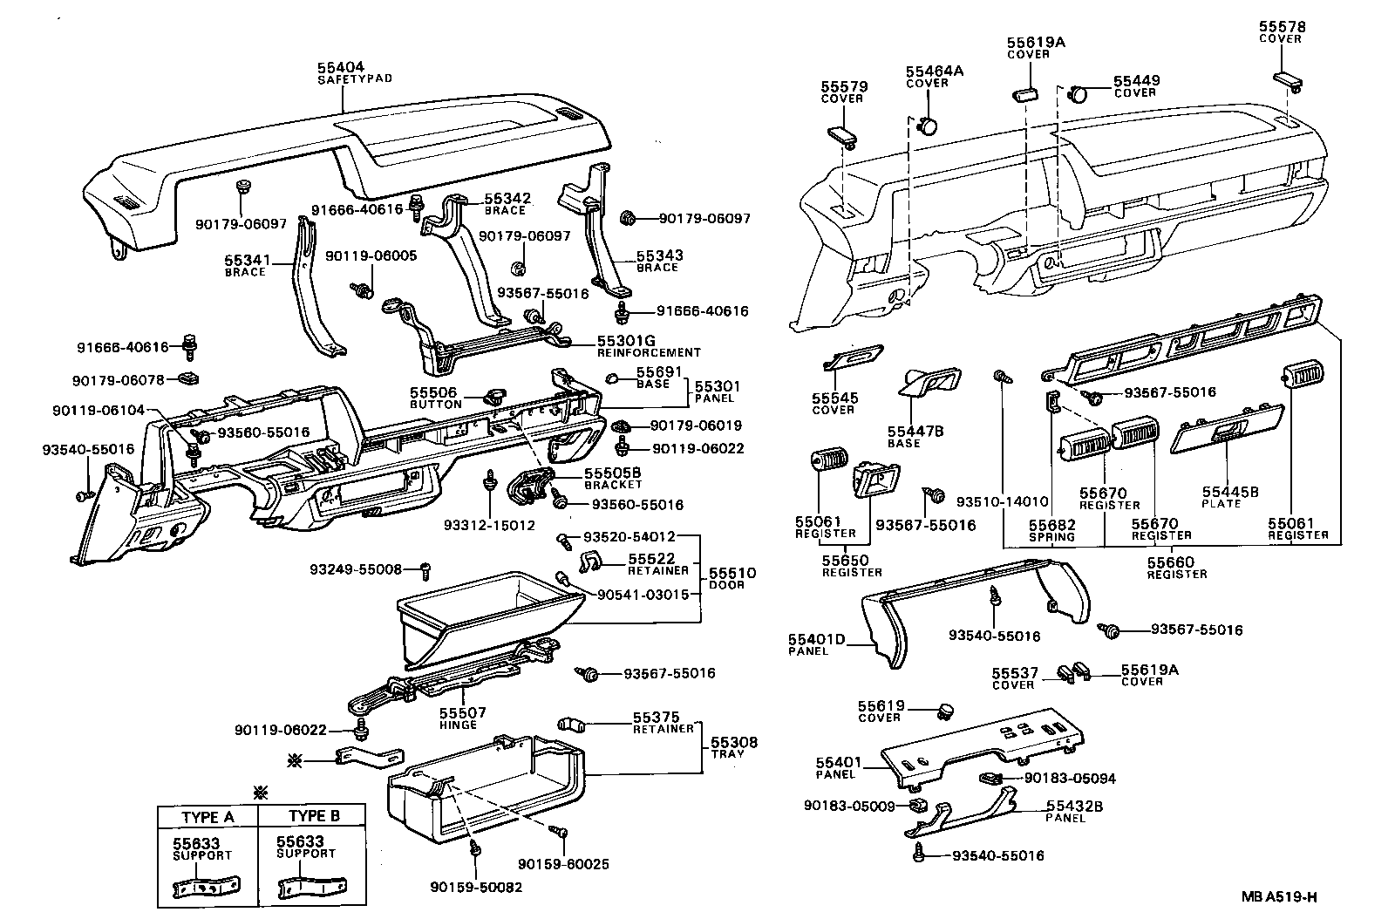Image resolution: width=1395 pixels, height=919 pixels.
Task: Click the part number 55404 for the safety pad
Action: (x=341, y=67)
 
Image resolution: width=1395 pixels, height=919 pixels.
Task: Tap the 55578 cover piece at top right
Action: (x=1285, y=80)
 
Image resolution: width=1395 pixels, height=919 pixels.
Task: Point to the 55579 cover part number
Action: (x=841, y=87)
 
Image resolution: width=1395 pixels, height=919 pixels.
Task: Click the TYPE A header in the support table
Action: (x=208, y=817)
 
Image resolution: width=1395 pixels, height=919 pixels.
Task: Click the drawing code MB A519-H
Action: (x=1280, y=896)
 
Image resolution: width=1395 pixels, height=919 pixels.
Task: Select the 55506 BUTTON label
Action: (x=436, y=398)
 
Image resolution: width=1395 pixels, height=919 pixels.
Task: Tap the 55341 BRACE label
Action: (x=245, y=265)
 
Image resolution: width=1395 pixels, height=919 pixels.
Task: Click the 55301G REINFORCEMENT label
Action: (x=648, y=346)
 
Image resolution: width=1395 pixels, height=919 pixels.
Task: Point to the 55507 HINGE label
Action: (x=458, y=718)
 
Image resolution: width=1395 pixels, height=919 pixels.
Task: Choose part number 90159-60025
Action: (x=563, y=864)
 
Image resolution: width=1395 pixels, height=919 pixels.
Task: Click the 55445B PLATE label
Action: (x=1230, y=497)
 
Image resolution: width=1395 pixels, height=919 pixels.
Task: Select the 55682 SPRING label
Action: (x=1051, y=530)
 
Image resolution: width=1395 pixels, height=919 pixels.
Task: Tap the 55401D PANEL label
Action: (x=816, y=644)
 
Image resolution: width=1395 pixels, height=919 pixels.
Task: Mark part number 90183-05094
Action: (x=1070, y=779)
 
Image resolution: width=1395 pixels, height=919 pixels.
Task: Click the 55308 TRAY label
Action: (x=733, y=747)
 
